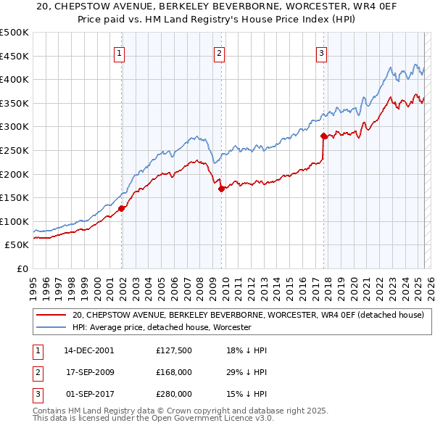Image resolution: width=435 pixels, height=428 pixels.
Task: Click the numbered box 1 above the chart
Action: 118,52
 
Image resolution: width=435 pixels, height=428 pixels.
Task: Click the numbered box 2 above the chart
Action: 219,52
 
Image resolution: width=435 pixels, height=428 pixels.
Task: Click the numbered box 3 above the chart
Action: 321,52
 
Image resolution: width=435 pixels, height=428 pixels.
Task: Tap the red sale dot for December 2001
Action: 122,208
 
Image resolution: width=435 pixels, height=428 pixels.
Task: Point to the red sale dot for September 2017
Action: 323,135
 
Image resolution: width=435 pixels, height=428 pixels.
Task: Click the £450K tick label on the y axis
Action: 14,56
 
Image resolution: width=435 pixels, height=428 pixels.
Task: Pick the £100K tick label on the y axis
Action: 14,221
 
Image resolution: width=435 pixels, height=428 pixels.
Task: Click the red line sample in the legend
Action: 51,315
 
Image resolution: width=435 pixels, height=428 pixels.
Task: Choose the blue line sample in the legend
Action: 51,328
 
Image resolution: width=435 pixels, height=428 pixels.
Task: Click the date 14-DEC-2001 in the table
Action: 89,350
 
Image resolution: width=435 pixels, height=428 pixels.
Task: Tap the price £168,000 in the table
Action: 174,372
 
